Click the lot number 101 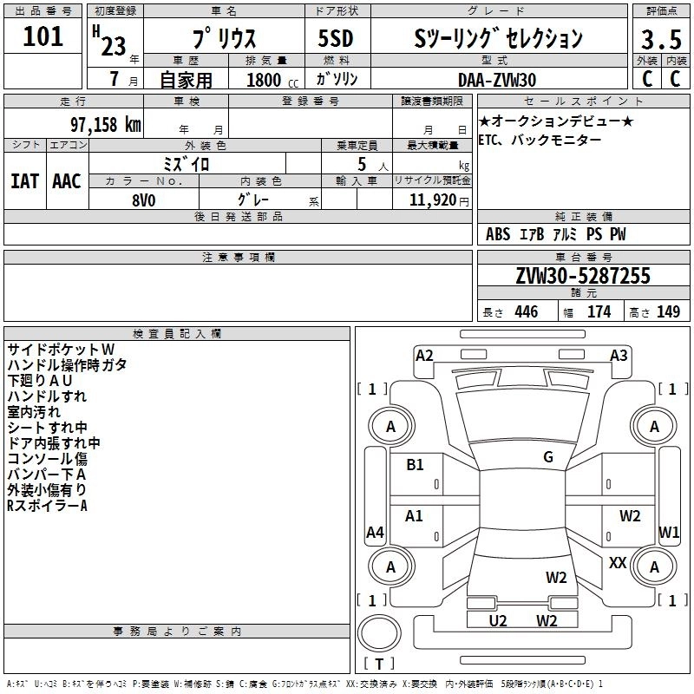coord(43,37)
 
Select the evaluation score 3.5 coord(659,40)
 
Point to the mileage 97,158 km coord(106,124)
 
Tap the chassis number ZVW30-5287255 coord(582,276)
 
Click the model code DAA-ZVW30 coord(497,80)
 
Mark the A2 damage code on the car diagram coord(424,355)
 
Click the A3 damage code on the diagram coord(619,355)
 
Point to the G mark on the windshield coord(547,457)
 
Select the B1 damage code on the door coord(415,465)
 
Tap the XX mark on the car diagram coord(618,563)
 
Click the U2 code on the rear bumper coord(497,620)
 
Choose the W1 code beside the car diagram coord(669,532)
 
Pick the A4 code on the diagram coord(375,533)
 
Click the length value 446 coord(525,312)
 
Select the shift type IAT coord(24,181)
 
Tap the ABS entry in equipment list coord(498,234)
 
